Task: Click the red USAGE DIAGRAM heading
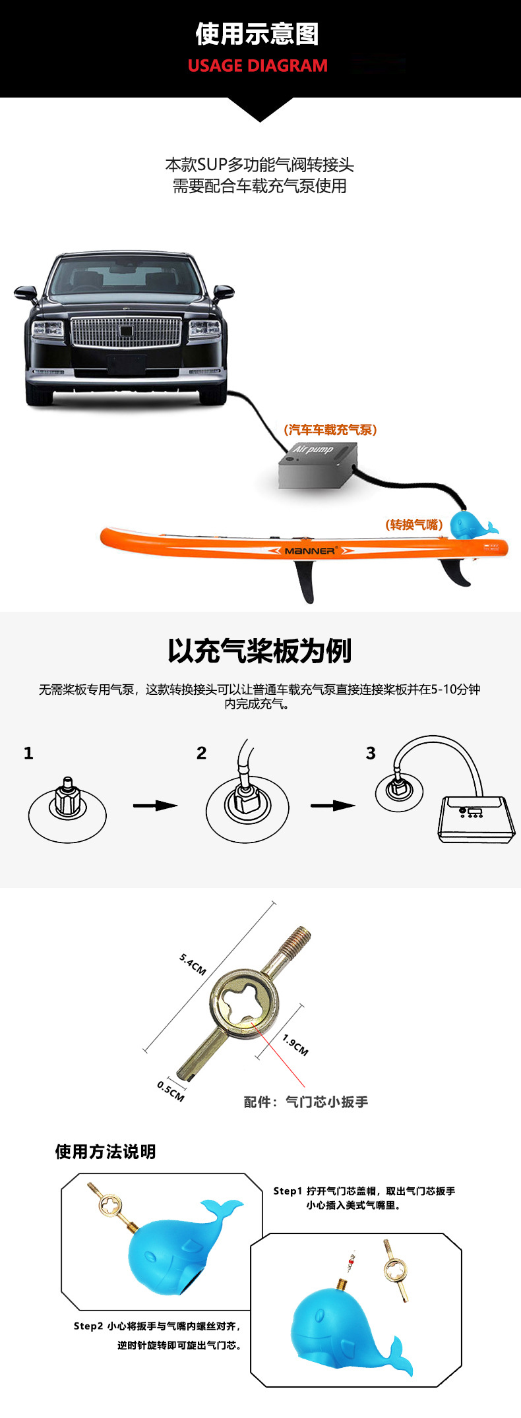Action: (x=257, y=66)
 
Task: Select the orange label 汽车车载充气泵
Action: (x=330, y=430)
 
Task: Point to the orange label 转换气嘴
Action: (x=414, y=525)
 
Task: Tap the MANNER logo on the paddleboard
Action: (x=311, y=550)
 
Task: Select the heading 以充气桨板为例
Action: (x=259, y=651)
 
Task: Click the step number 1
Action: (x=28, y=753)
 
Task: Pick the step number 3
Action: (x=371, y=753)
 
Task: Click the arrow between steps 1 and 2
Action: (x=156, y=806)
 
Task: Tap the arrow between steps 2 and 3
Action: (x=333, y=806)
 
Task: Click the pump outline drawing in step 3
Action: (x=476, y=819)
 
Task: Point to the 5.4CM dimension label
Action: (x=193, y=964)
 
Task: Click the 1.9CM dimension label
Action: (x=295, y=1044)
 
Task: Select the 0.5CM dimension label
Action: (x=170, y=1091)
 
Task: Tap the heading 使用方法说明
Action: (x=106, y=1152)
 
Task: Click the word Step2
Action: (x=88, y=1326)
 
